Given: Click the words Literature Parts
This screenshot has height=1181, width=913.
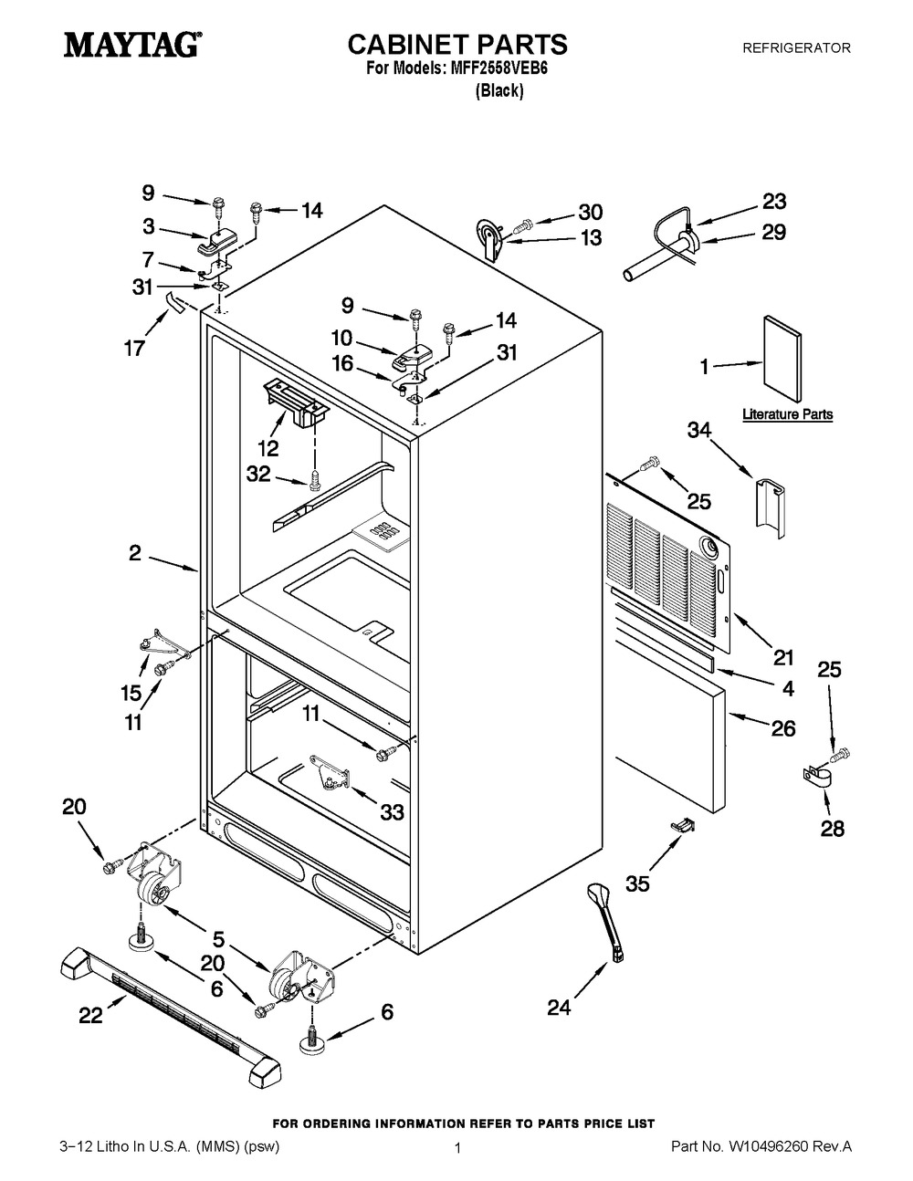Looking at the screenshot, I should click(x=787, y=414).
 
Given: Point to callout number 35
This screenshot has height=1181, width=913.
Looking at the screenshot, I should click(x=637, y=883).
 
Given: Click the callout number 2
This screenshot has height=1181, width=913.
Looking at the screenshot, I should click(x=134, y=552).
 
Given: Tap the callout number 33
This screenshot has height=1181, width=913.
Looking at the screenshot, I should click(x=392, y=811).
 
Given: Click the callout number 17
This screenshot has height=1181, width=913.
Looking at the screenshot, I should click(x=134, y=348).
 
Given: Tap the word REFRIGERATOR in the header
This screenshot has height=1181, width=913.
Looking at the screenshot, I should click(x=796, y=47).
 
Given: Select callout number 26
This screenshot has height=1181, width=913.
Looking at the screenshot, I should click(x=782, y=727).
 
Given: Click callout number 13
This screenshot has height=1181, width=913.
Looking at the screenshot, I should click(x=591, y=238).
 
